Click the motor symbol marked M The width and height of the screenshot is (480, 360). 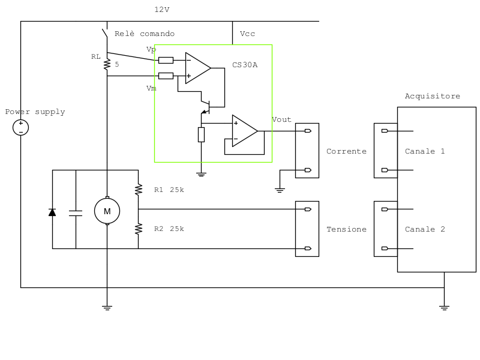click(107, 211)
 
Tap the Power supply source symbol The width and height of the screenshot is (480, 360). click(20, 127)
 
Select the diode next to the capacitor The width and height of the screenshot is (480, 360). click(52, 212)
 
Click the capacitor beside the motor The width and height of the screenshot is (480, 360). click(76, 212)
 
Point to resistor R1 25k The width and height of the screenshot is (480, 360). click(139, 190)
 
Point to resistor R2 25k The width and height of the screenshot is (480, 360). click(139, 229)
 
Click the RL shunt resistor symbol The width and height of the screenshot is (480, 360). click(107, 64)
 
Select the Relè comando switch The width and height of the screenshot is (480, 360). click(106, 34)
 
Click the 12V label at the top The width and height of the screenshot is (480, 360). click(162, 10)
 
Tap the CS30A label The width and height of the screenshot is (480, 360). click(245, 65)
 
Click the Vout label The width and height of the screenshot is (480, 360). click(281, 119)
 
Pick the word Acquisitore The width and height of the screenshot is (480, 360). click(432, 96)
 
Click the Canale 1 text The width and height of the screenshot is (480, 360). click(425, 151)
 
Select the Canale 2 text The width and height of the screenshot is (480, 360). click(425, 229)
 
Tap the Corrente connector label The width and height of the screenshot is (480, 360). click(346, 151)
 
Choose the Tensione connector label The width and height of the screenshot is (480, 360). click(346, 229)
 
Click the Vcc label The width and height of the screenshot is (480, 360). click(247, 34)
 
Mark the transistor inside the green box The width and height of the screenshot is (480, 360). click(205, 106)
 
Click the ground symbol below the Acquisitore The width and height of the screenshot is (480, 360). click(444, 307)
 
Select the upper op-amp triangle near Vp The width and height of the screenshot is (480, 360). click(197, 68)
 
